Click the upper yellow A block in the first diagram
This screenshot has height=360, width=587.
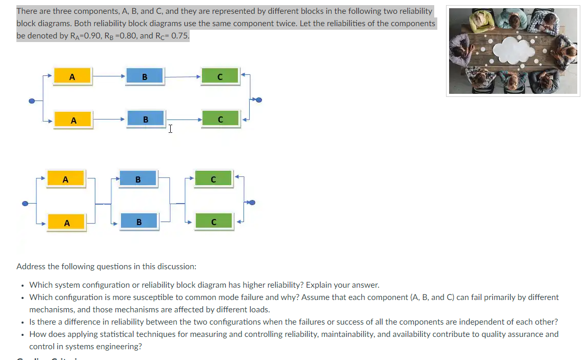pos(72,77)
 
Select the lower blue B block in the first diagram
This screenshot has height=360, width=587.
pos(146,119)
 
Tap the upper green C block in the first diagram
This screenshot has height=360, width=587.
pos(220,77)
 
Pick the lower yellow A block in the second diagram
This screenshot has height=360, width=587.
pos(67,223)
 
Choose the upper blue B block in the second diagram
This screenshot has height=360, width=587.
pos(138,179)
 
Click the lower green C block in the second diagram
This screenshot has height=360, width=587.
pos(214,222)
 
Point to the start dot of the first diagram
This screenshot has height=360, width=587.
pos(32,101)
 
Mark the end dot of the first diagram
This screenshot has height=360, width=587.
pos(258,99)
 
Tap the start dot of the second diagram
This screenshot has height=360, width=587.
pos(25,204)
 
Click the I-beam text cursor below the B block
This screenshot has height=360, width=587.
pos(170,129)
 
